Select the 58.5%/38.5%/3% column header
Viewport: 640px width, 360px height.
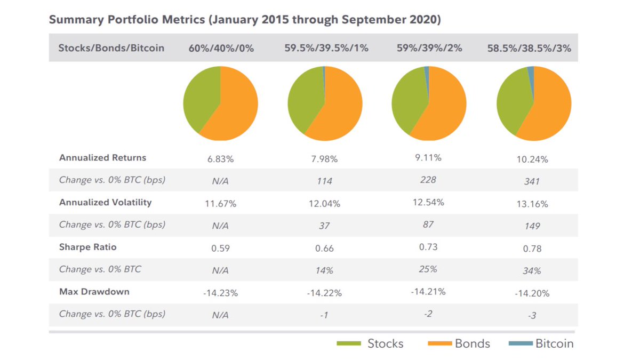coord(529,48)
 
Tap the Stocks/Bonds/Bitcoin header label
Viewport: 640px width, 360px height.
coord(111,48)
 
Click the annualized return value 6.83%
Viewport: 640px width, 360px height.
coord(220,159)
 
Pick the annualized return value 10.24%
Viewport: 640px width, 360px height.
coord(532,159)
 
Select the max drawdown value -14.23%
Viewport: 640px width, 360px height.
coord(220,293)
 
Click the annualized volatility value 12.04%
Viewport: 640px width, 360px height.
coord(324,204)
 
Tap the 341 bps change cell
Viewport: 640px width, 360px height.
coord(532,181)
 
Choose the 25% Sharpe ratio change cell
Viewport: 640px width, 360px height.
coord(428,269)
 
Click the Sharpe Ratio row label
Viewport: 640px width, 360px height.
coord(88,247)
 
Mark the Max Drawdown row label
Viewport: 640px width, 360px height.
coord(94,292)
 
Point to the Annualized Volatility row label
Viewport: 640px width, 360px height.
coord(106,202)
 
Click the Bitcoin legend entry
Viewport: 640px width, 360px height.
coord(541,343)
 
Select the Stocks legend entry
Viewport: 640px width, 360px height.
coord(370,343)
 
